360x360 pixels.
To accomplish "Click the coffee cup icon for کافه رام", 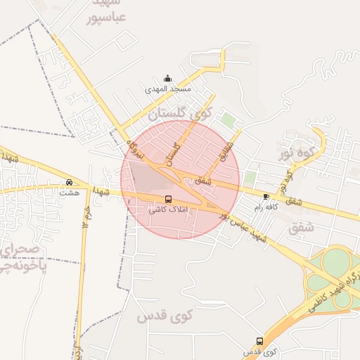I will pos(266,196).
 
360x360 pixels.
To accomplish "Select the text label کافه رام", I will pos(266,207).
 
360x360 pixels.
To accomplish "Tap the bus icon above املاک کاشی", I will pos(167,199).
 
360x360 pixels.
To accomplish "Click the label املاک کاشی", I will pos(167,210).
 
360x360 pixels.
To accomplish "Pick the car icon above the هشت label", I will pos(68,182).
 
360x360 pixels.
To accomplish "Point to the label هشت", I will pos(68,192).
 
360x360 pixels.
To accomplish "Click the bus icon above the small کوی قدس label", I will pos(259,341).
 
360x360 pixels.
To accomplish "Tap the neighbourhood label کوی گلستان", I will pos(179,112).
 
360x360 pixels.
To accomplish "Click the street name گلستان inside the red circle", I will pos(172,149).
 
